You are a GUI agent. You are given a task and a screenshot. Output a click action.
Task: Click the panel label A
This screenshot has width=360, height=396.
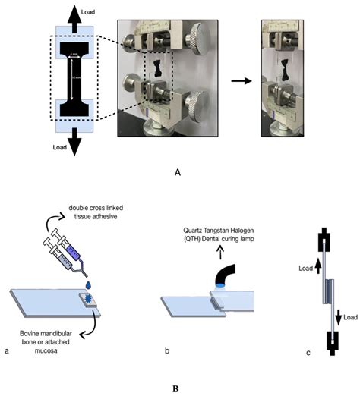tap(177, 173)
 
